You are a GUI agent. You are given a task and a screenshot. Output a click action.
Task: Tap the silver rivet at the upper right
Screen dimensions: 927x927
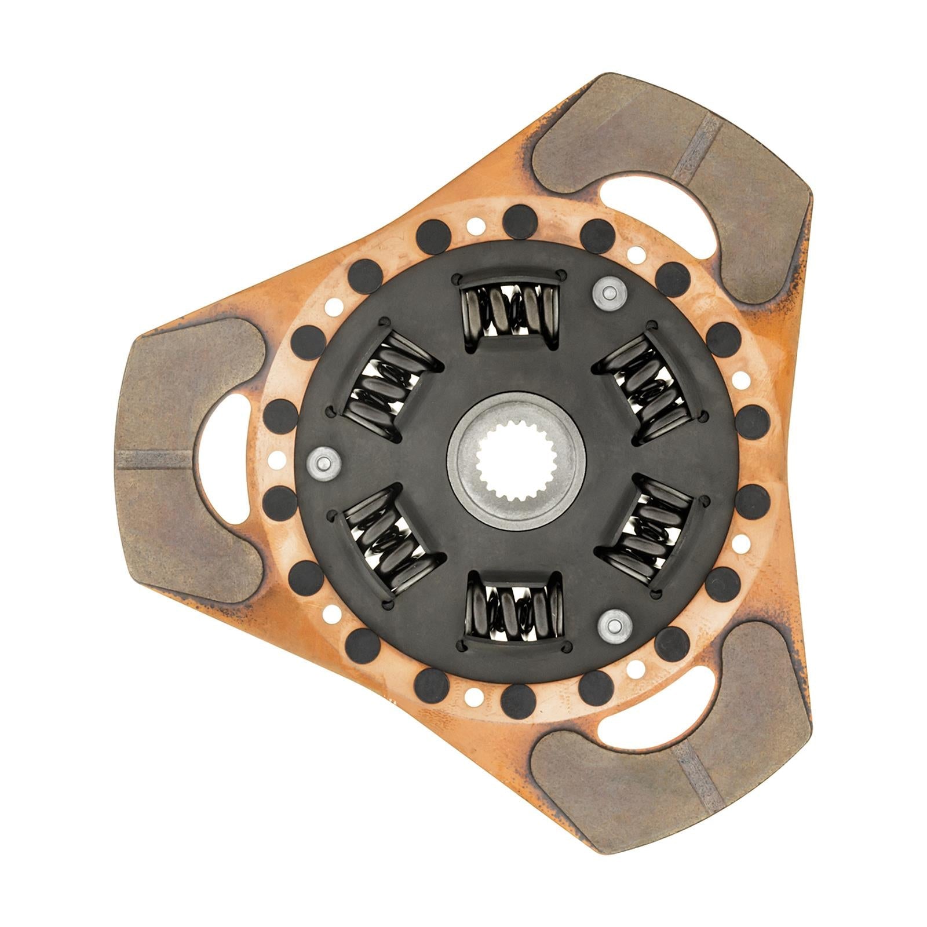point(608,294)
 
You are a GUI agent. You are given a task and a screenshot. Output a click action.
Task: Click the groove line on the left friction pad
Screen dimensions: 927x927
point(154,459)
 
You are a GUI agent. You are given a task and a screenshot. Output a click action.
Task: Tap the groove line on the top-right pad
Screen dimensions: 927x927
point(695,148)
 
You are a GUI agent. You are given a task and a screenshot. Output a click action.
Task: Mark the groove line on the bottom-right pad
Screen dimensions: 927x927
point(698,773)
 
